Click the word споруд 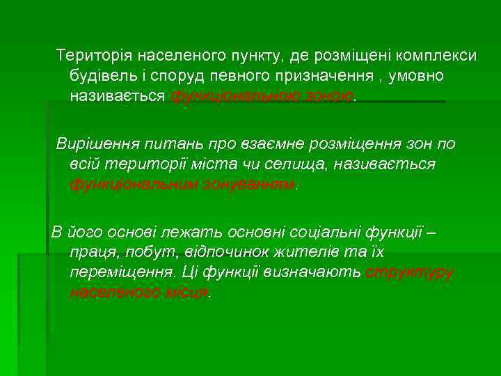pos(178,75)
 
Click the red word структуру pos(409,272)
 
